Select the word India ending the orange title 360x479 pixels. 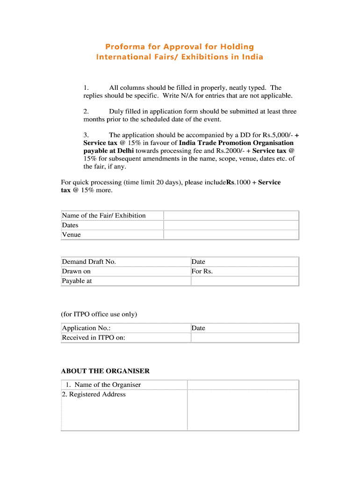(252, 57)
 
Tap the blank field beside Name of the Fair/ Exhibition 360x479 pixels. (231, 216)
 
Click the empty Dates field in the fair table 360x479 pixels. (231, 225)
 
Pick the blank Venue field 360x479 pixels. (231, 235)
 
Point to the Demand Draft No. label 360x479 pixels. (89, 262)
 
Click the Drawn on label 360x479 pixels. (76, 271)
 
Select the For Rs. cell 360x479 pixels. (202, 271)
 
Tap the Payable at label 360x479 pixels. (77, 281)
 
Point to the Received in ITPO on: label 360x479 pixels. (94, 338)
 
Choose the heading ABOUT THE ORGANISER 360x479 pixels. (105, 371)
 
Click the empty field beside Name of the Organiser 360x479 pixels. (243, 385)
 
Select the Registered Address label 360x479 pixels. (94, 394)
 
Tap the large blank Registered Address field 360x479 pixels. (243, 410)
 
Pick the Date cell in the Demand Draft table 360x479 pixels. (198, 262)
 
